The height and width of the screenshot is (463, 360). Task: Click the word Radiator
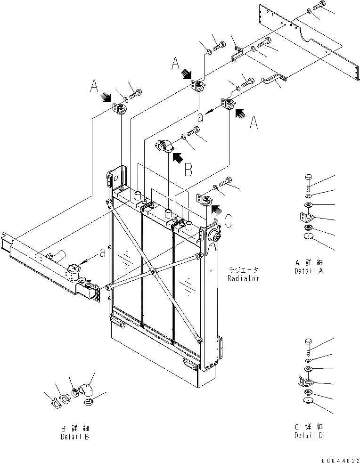point(243,278)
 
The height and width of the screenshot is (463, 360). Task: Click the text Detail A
point(309,271)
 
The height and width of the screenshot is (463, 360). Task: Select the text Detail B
point(74,437)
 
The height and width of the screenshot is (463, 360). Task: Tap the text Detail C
point(309,435)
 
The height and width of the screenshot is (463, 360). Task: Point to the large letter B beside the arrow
point(188,170)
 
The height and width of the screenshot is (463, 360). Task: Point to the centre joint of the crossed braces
point(152,271)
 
